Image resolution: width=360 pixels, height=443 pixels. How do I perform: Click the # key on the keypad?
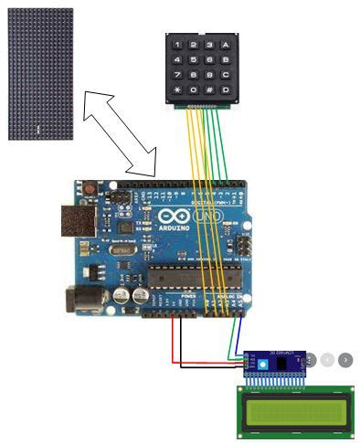[209, 90]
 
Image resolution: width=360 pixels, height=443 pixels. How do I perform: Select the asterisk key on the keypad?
[177, 90]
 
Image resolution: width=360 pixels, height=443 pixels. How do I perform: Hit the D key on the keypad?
[225, 90]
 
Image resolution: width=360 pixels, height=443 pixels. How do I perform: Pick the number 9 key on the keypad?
[209, 75]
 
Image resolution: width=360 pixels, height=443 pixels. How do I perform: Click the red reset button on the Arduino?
[90, 190]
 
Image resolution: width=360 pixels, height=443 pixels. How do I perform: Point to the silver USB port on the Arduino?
[79, 221]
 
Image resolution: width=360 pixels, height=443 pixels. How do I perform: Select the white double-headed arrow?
[119, 132]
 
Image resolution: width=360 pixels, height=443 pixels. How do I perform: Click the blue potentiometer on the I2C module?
[264, 364]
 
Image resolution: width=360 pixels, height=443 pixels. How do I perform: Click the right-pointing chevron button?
[345, 360]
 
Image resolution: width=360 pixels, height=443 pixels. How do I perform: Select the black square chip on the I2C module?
[283, 363]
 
